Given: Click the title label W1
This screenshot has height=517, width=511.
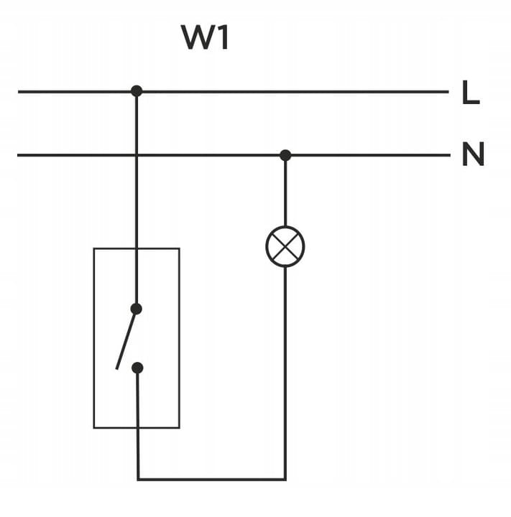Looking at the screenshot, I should pos(206,38).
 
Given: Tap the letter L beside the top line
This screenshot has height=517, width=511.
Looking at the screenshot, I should pos(471,94).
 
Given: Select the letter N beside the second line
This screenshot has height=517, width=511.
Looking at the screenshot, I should pos(472,155).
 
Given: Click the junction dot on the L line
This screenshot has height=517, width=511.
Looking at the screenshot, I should pos(137,91).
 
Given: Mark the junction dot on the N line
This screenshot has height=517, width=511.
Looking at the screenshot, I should pos(285,155).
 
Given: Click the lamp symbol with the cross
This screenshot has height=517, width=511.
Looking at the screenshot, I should pos(285,246).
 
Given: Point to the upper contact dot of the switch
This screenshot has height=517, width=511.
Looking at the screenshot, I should pos(137,309).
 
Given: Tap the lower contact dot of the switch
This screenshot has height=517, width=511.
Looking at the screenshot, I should pos(138,368).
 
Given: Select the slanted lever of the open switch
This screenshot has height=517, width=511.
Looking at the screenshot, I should pos(126,340).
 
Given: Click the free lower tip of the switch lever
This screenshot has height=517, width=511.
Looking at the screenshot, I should pos(117,369).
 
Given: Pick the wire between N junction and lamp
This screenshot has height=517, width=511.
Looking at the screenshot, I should pos(285,190).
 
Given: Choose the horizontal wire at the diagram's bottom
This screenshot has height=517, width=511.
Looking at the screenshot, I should pos(211,479).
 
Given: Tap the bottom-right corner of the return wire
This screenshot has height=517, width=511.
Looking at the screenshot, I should pos(285,479).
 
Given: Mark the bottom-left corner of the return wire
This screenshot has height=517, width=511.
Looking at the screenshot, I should pos(138,479).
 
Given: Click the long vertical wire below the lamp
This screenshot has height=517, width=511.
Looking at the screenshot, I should pos(285,373).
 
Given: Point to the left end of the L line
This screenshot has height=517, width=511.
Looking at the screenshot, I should pos(19,92).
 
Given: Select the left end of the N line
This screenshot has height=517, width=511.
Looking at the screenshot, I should pos(18,155).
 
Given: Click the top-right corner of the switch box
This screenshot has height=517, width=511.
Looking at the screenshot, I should pos(179,248).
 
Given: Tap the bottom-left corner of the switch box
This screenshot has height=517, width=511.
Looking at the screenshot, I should pos(94,428).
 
